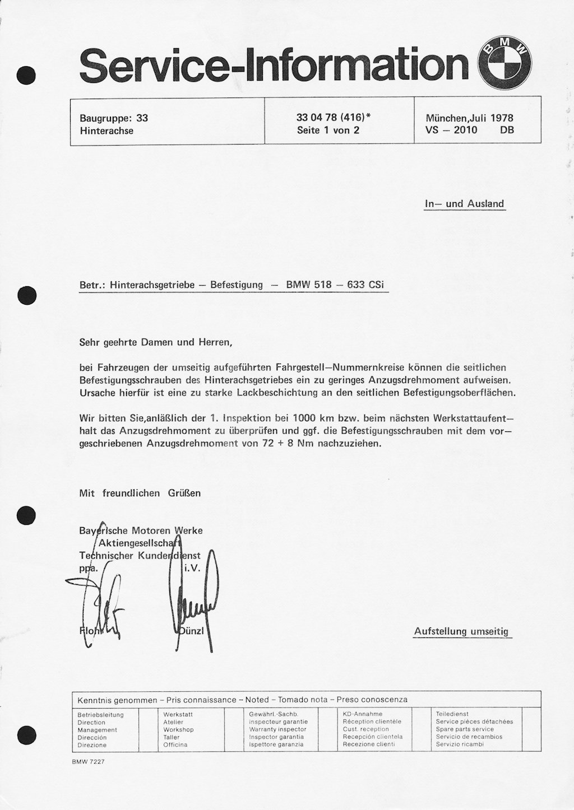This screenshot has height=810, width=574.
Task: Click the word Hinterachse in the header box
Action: [x=107, y=131]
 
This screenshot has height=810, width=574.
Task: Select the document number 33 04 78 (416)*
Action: [x=334, y=118]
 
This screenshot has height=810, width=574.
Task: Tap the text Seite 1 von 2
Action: [x=328, y=131]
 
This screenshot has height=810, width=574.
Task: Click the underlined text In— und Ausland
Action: [x=464, y=204]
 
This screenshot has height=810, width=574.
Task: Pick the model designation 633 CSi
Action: [x=365, y=285]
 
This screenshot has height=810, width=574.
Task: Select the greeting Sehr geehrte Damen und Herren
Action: [x=155, y=342]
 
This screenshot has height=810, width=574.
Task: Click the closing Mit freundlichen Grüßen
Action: [x=140, y=493]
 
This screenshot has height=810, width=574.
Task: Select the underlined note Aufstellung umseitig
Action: [x=461, y=631]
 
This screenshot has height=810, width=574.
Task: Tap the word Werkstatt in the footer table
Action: [x=178, y=715]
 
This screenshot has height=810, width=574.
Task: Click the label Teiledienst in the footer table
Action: [x=452, y=714]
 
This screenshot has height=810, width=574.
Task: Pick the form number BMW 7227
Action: [x=89, y=762]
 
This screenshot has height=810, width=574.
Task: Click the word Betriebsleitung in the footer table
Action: [x=101, y=715]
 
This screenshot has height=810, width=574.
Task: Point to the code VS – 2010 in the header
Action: [x=451, y=131]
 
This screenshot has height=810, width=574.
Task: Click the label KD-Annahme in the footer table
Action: [x=363, y=714]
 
